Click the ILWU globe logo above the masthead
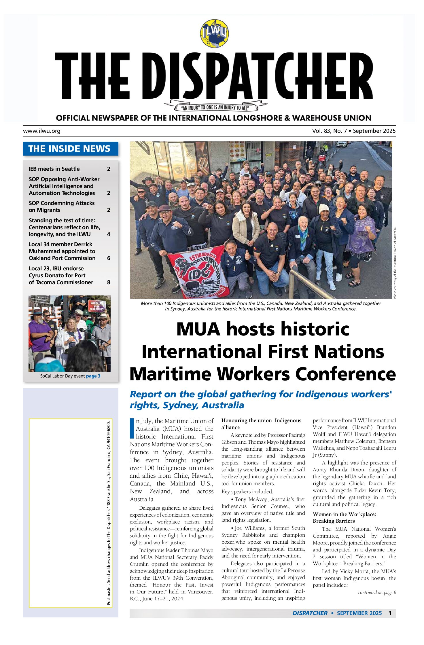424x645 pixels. click(214, 33)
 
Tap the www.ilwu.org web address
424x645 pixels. click(42, 131)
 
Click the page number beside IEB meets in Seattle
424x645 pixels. click(109, 169)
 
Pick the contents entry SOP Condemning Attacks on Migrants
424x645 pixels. click(62, 206)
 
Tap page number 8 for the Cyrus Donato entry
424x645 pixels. click(109, 282)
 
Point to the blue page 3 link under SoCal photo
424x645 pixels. click(93, 376)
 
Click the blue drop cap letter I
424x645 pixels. click(132, 428)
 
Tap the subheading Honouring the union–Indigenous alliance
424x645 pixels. click(261, 424)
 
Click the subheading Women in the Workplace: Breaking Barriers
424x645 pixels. click(344, 517)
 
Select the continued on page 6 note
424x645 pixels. click(377, 593)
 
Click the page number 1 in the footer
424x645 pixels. click(390, 613)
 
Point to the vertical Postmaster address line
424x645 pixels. click(109, 513)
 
